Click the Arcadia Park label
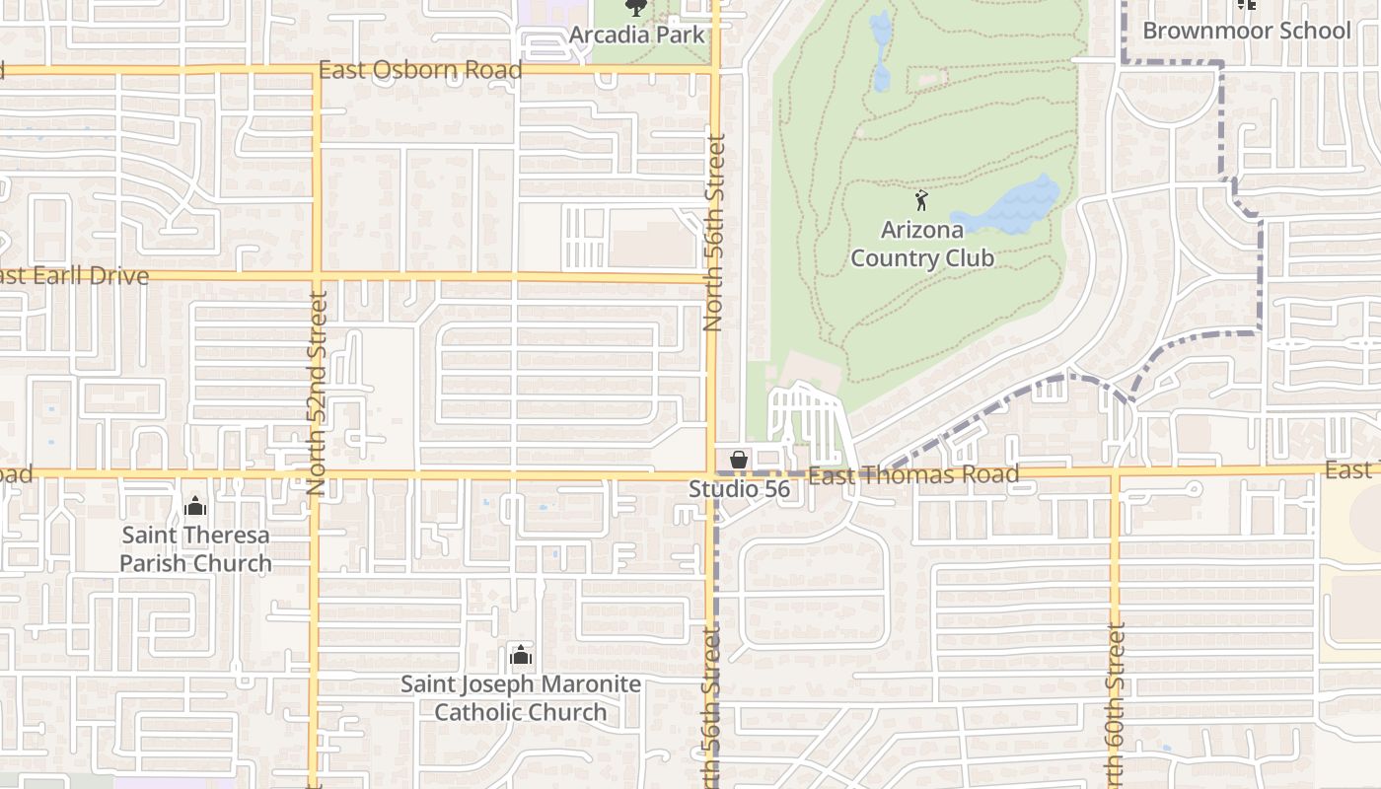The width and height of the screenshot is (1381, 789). pyautogui.click(x=637, y=35)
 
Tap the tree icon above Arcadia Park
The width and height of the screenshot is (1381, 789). pyautogui.click(x=637, y=8)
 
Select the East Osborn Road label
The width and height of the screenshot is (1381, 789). pyautogui.click(x=420, y=70)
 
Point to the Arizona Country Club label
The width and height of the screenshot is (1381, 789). pyautogui.click(x=921, y=245)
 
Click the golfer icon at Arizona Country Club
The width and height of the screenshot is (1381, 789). pyautogui.click(x=921, y=201)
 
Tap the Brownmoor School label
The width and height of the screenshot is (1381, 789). pyautogui.click(x=1246, y=31)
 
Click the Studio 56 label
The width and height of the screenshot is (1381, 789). pyautogui.click(x=739, y=488)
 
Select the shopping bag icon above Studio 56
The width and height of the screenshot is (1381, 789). pyautogui.click(x=738, y=461)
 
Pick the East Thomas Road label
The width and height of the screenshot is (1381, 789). pyautogui.click(x=912, y=475)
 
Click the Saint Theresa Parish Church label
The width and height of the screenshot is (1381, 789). pyautogui.click(x=195, y=549)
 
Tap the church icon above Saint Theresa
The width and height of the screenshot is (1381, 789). pyautogui.click(x=195, y=507)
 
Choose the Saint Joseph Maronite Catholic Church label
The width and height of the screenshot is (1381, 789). pyautogui.click(x=521, y=698)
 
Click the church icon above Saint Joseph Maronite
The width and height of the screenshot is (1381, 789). pyautogui.click(x=521, y=655)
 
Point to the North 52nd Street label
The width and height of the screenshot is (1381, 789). pyautogui.click(x=317, y=393)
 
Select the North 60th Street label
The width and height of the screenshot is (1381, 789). pyautogui.click(x=1116, y=702)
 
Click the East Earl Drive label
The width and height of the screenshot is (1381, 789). pyautogui.click(x=74, y=276)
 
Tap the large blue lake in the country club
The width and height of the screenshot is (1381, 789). pyautogui.click(x=1011, y=207)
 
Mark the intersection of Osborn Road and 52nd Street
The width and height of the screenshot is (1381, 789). pyautogui.click(x=317, y=70)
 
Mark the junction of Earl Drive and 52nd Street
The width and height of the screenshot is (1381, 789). pyautogui.click(x=317, y=275)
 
